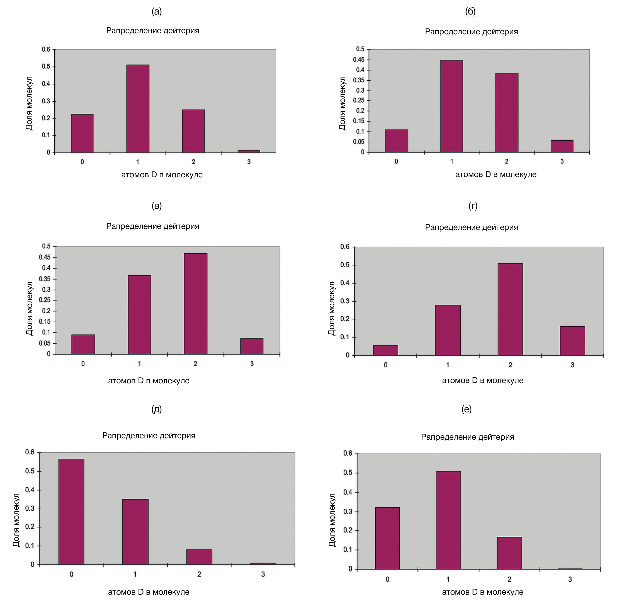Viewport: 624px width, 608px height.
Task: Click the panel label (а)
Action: [x=156, y=12]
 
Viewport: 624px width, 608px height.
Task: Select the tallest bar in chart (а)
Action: [x=138, y=108]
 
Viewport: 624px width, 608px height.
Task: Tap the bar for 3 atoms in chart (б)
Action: [x=562, y=146]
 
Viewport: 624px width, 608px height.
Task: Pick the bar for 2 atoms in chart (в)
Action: [x=195, y=303]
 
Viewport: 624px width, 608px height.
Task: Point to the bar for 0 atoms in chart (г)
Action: [x=385, y=350]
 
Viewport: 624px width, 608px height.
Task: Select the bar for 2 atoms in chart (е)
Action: [x=509, y=553]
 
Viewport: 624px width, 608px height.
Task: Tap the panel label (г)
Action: [x=473, y=206]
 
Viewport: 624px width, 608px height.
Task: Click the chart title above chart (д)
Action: [x=149, y=435]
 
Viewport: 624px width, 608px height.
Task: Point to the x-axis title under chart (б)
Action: [x=496, y=174]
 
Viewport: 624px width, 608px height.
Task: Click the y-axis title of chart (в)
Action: [x=29, y=309]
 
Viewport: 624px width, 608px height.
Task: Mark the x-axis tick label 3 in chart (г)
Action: [x=572, y=365]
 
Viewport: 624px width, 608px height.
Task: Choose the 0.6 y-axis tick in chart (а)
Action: [x=46, y=50]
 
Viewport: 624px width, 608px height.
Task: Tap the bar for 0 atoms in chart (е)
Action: [x=387, y=538]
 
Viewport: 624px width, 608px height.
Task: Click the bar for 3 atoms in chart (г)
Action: [x=572, y=340]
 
